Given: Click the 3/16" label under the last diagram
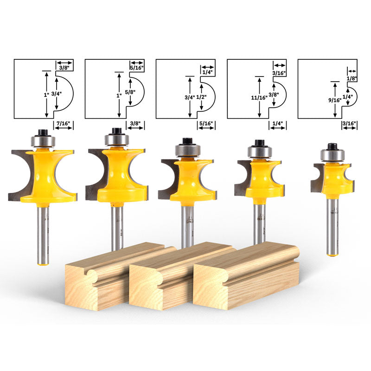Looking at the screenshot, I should coord(348,124).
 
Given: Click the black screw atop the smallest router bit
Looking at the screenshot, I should coord(332,147).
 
